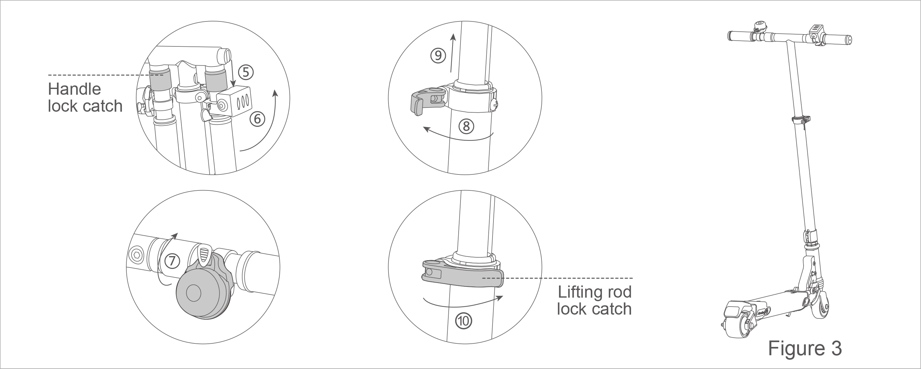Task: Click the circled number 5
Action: [246, 73]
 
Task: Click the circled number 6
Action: [257, 119]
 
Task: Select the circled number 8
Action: [466, 126]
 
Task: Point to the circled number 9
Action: [438, 56]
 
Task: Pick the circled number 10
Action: [464, 321]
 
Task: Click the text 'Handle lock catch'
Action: [85, 98]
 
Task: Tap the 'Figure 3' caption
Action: [805, 348]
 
